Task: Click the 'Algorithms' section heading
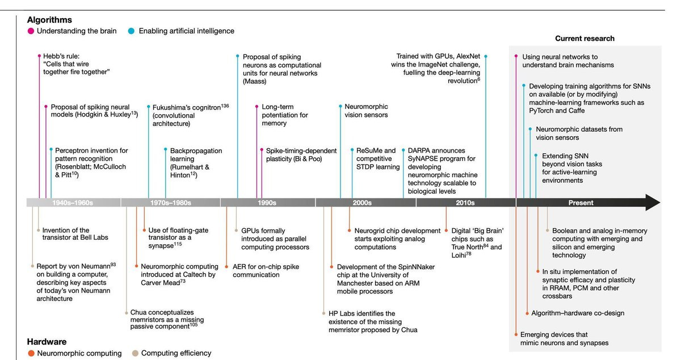click(x=49, y=20)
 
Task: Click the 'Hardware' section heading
click(x=47, y=342)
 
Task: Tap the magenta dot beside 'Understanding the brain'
click(x=31, y=31)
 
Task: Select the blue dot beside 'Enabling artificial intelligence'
click(x=132, y=31)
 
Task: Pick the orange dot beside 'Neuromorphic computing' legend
click(x=31, y=353)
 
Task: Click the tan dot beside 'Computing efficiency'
click(x=135, y=353)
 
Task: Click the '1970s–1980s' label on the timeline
click(x=171, y=203)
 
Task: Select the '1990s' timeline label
click(x=267, y=203)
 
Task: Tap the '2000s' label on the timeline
click(x=362, y=203)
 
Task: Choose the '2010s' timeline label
click(x=465, y=203)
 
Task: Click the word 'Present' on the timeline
click(x=581, y=203)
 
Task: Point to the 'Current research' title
click(x=585, y=39)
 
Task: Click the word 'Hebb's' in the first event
click(x=54, y=57)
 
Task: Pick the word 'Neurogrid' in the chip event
click(x=372, y=231)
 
